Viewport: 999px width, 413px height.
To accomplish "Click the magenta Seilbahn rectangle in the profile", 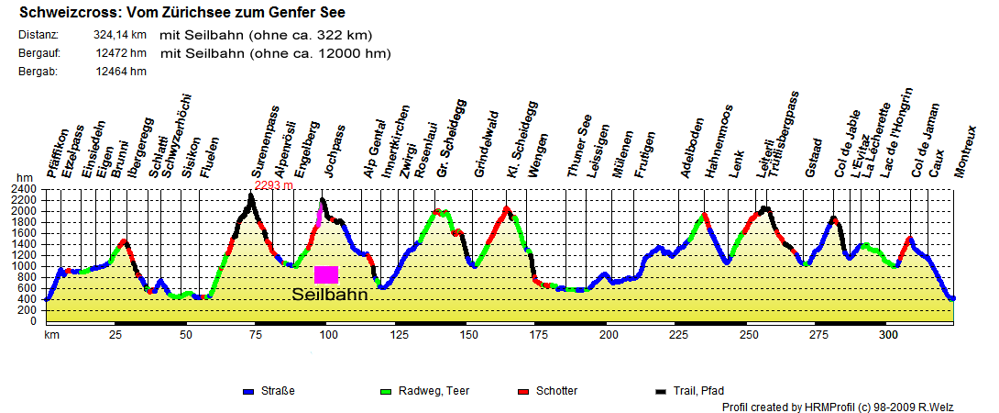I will click(x=326, y=274).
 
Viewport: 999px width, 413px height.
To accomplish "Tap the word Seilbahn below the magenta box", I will click(x=329, y=296).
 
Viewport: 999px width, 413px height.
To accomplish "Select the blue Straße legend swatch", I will click(x=247, y=392).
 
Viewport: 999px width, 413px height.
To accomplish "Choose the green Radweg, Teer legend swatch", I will click(x=385, y=392).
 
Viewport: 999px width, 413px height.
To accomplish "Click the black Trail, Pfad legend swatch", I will click(x=660, y=392).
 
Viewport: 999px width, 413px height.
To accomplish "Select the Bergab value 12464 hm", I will click(x=120, y=72).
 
